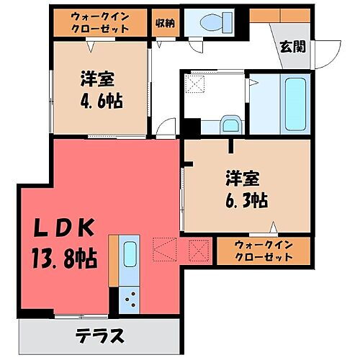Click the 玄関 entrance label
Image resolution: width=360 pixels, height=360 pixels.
tap(291, 48)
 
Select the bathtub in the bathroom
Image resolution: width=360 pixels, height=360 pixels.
tap(295, 104)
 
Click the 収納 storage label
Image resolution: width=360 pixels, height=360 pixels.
tap(164, 22)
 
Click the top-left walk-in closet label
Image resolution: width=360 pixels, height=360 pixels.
tap(100, 22)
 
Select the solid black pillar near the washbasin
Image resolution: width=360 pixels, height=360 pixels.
tap(189, 126)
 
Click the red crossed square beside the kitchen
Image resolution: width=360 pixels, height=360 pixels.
tap(197, 250)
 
